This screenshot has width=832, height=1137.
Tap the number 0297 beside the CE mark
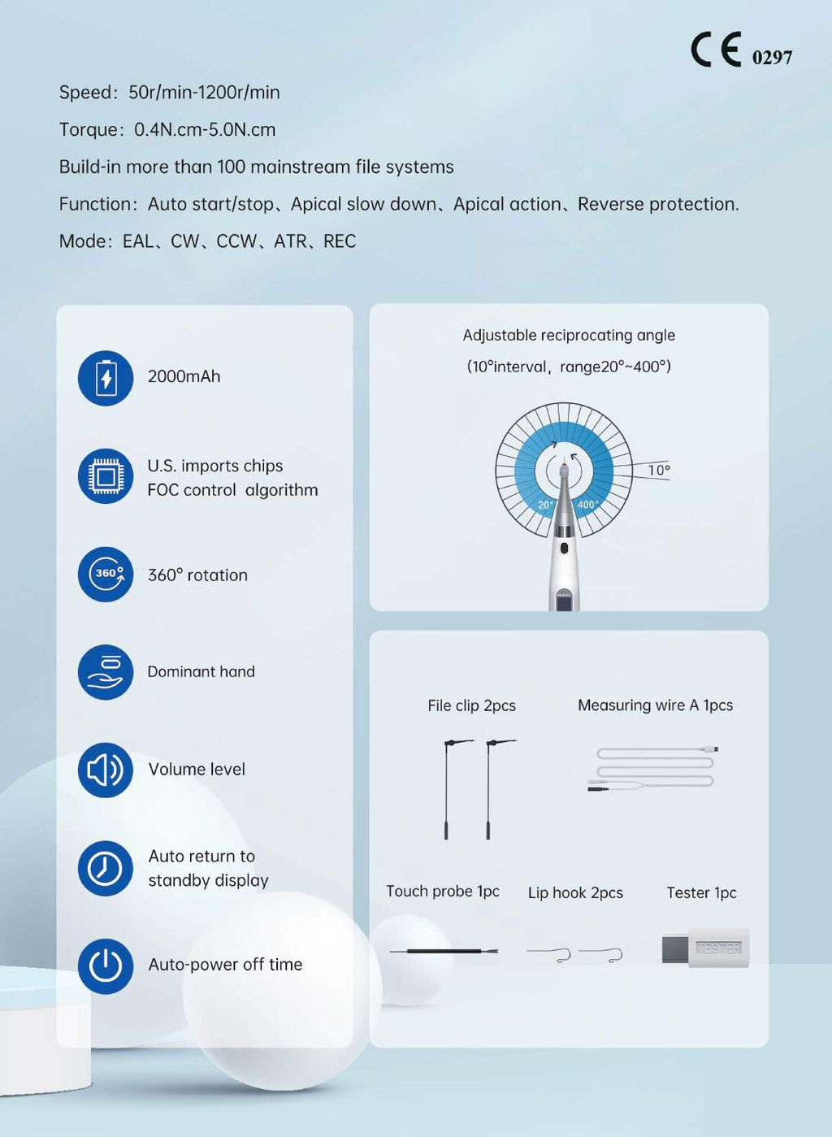(772, 57)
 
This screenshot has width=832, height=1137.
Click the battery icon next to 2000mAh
(106, 378)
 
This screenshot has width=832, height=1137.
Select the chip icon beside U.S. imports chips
(106, 476)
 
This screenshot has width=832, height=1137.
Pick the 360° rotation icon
(106, 574)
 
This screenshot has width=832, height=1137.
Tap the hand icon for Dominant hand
(106, 672)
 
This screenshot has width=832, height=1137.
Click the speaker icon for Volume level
(106, 770)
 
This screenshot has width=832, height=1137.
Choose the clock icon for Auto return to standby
(106, 868)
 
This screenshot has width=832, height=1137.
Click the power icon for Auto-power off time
(106, 966)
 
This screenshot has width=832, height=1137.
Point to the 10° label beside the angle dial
(659, 470)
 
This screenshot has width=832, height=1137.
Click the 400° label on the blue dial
(587, 505)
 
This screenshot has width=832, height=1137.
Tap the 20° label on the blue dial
(545, 505)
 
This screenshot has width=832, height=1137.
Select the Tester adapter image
(705, 948)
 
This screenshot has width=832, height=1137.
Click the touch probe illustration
(444, 950)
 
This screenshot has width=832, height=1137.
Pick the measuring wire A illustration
(654, 768)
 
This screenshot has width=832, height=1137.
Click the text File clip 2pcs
(471, 705)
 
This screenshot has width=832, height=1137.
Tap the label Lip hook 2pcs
(575, 892)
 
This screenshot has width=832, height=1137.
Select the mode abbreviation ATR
(290, 241)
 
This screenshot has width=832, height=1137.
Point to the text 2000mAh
(184, 376)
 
